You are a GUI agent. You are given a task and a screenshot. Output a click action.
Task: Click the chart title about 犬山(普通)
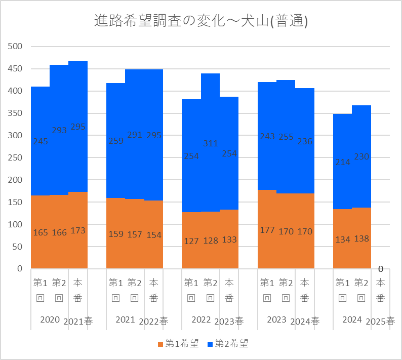pyautogui.click(x=202, y=21)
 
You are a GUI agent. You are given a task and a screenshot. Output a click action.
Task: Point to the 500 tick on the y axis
pyautogui.click(x=16, y=47)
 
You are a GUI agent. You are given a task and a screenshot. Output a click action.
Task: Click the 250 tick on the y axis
pyautogui.click(x=16, y=157)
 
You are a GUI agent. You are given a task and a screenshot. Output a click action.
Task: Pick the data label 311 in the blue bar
pyautogui.click(x=210, y=144)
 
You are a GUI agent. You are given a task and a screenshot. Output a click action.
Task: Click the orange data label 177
pyautogui.click(x=267, y=230)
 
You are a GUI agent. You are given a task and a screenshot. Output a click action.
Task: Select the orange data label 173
pyautogui.click(x=78, y=230)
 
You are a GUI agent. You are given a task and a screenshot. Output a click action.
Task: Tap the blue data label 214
pyautogui.click(x=343, y=163)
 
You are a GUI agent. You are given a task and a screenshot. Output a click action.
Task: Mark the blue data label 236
pyautogui.click(x=305, y=142)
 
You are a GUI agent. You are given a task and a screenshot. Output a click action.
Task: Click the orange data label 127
pyautogui.click(x=191, y=241)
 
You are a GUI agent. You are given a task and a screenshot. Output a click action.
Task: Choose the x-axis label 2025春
pyautogui.click(x=380, y=321)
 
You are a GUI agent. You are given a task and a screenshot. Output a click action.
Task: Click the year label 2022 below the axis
pyautogui.click(x=201, y=319)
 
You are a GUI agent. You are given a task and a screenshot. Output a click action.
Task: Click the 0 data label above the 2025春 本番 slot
pyautogui.click(x=380, y=269)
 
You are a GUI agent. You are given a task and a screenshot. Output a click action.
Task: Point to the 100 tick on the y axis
pyautogui.click(x=16, y=224)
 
